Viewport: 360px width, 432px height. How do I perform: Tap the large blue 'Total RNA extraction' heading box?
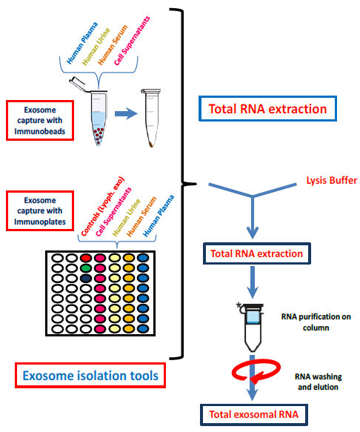[267, 109]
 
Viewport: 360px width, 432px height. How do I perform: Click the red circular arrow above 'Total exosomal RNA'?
[254, 370]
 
